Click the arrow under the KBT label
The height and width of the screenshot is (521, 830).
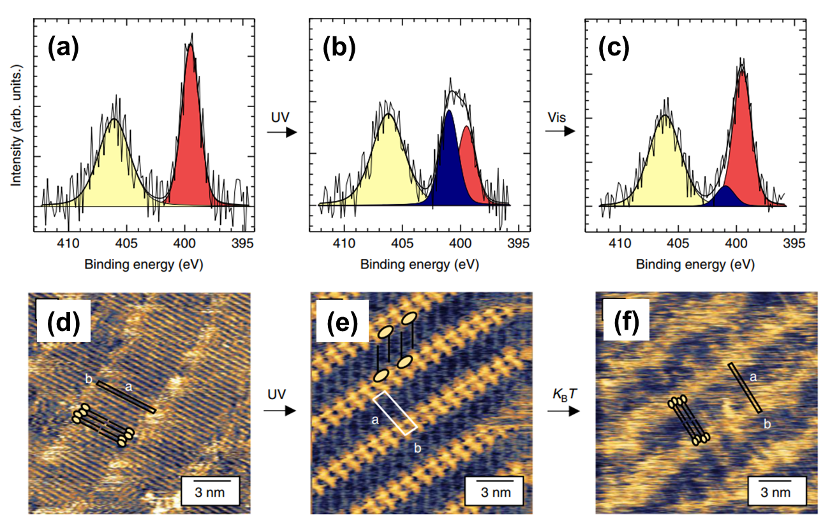(x=564, y=411)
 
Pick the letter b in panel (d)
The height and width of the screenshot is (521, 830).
(x=89, y=381)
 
